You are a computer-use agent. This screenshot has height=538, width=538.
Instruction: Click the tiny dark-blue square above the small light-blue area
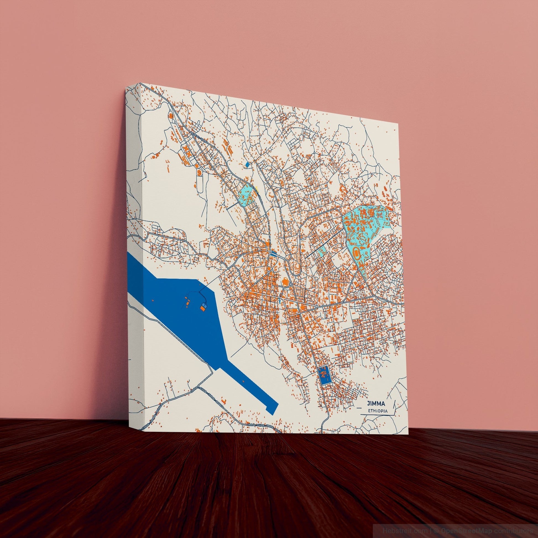[247, 165]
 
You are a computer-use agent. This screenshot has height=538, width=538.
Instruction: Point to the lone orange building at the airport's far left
[153, 301]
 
